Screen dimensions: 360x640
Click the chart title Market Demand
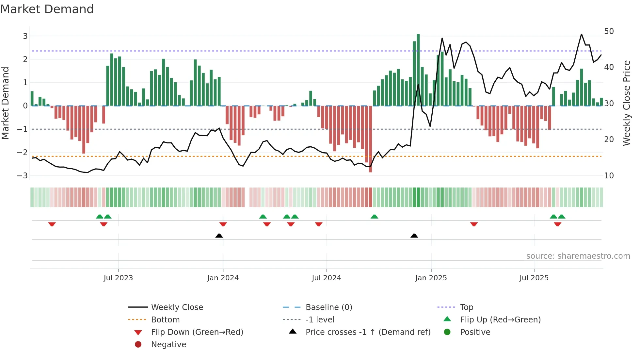tap(47, 9)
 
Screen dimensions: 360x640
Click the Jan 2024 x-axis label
tap(223, 278)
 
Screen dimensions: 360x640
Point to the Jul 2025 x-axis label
tap(534, 278)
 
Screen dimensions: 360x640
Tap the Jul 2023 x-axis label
tap(118, 278)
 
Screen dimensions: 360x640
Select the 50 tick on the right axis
tap(609, 31)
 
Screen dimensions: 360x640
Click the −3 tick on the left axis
tap(23, 176)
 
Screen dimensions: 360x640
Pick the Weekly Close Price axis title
tap(626, 103)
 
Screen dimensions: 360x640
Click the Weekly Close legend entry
tap(177, 307)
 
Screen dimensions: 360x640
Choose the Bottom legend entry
tap(165, 320)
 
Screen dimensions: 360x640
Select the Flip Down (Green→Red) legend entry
tap(197, 332)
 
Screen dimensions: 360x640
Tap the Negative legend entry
tap(168, 345)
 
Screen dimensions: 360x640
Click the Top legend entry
tap(466, 307)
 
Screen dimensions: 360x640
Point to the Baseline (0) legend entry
tap(328, 307)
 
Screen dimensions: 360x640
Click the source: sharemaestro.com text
tap(578, 256)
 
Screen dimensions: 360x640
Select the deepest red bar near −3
tap(370, 139)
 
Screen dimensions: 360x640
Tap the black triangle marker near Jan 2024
tap(219, 236)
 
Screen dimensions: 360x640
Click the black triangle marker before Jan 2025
tap(414, 236)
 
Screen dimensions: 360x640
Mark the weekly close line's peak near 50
tap(581, 34)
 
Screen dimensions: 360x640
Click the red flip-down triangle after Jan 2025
tap(474, 224)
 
